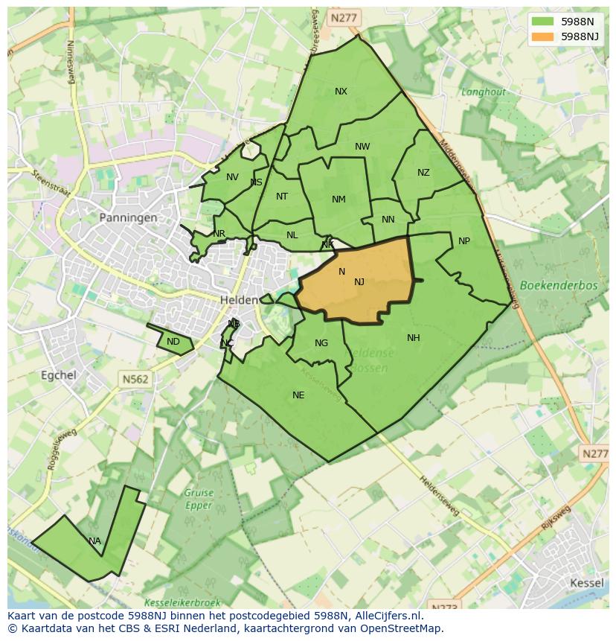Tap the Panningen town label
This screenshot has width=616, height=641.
tap(128, 218)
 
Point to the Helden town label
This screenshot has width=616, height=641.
tap(238, 299)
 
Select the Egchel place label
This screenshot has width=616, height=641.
tap(59, 375)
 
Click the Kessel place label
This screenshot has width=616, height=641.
tap(586, 582)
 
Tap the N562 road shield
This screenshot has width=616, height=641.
tap(135, 379)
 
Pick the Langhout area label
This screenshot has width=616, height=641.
tap(483, 92)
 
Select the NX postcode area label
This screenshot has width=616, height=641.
tap(341, 92)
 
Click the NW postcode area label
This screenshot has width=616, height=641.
tap(362, 147)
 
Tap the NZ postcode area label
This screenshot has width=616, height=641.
tap(423, 173)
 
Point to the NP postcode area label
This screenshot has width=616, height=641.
tap(464, 241)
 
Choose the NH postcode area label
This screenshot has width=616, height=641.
tap(414, 338)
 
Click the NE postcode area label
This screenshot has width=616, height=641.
tap(298, 395)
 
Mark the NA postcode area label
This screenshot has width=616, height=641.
tap(94, 541)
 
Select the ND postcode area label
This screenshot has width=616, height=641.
tap(173, 342)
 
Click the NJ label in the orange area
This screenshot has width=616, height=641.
tap(359, 281)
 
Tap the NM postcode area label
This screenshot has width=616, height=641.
tap(339, 199)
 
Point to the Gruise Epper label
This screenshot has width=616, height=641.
tap(199, 498)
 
